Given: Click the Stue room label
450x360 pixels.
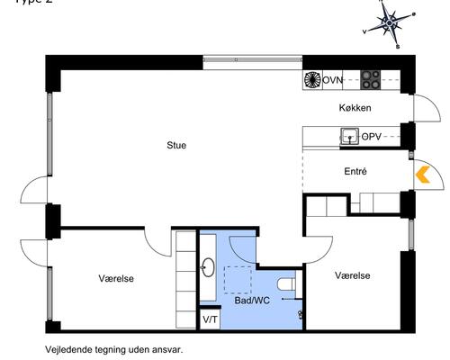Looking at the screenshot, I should click(176, 145).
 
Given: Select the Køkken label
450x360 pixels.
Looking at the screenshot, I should click(355, 108).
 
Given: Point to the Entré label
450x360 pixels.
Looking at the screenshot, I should click(355, 170).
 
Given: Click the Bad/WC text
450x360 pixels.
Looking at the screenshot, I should click(253, 300).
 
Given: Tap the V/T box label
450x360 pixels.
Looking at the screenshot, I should click(209, 319).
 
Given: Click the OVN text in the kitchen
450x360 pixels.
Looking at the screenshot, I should click(334, 80).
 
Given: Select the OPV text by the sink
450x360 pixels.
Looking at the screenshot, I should click(371, 137).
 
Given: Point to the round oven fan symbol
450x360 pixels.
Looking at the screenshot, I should click(312, 80).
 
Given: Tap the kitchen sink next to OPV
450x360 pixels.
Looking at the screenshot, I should click(348, 137).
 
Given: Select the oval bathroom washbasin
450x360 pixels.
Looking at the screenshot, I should click(208, 266).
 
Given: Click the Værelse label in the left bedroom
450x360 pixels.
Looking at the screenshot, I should click(116, 279).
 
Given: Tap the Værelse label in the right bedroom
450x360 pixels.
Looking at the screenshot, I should click(353, 275).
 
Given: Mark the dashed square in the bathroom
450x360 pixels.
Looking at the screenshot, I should click(237, 279).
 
